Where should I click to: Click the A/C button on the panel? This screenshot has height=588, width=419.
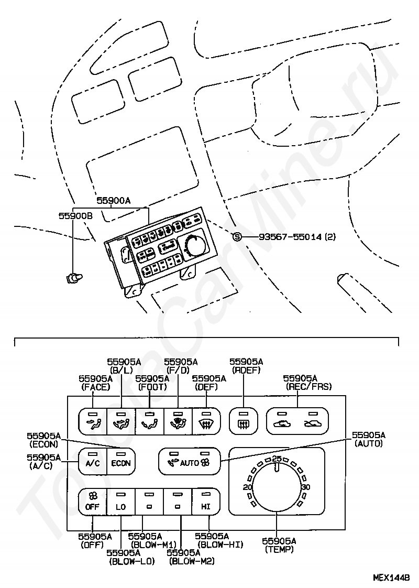click(x=93, y=462)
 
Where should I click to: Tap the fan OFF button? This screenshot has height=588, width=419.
click(x=93, y=502)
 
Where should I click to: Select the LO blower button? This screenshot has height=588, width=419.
click(x=121, y=502)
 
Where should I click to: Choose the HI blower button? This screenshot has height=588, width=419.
click(x=206, y=502)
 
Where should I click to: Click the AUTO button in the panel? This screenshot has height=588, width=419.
click(x=189, y=461)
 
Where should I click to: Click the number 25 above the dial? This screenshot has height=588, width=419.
click(x=277, y=458)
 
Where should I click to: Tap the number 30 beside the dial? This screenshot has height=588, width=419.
click(x=306, y=487)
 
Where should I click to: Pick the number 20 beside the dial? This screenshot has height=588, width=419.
click(x=247, y=487)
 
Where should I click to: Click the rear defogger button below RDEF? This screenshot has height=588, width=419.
click(x=244, y=421)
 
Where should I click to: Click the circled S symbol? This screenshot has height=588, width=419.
click(x=237, y=237)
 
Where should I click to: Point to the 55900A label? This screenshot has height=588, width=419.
click(x=114, y=201)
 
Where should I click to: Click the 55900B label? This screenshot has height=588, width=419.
click(x=75, y=215)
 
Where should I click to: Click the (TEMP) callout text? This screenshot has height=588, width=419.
click(x=279, y=549)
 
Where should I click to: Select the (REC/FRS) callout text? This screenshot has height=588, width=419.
click(x=308, y=386)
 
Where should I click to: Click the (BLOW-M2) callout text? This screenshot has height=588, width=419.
click(x=192, y=561)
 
